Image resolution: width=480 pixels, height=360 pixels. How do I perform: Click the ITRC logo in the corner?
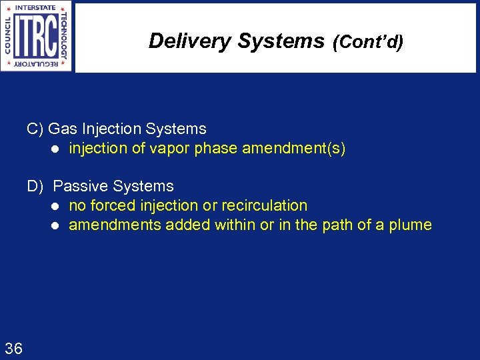tap(37, 37)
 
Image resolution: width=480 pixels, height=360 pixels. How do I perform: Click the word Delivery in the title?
tap(190, 41)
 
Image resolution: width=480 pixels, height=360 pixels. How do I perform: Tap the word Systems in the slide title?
tap(281, 41)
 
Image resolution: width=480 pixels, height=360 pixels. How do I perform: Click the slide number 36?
tap(13, 348)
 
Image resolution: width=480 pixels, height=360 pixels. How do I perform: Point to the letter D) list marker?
tap(35, 187)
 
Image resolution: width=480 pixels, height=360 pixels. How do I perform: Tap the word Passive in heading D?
tap(80, 187)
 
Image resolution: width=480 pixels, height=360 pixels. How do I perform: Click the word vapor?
tap(170, 149)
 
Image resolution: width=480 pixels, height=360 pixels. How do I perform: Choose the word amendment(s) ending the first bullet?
tap(294, 149)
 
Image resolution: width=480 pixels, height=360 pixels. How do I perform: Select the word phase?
tap(216, 149)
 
